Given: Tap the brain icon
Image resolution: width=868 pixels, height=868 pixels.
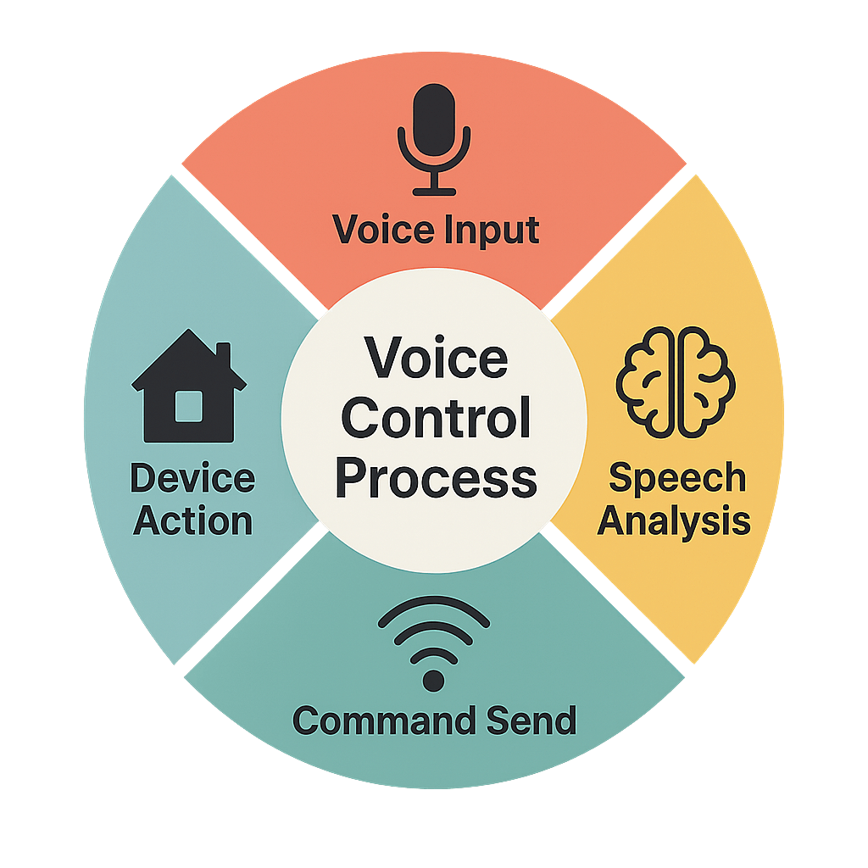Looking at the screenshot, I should [676, 382].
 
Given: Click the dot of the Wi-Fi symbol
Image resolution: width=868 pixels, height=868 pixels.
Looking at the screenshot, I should [433, 680].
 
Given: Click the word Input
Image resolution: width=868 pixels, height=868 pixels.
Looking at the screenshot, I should [495, 231].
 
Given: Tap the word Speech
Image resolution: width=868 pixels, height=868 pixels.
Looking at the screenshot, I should [676, 479].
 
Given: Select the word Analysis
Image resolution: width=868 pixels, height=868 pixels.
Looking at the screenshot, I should [674, 520].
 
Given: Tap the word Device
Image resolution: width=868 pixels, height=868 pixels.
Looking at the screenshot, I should [192, 479].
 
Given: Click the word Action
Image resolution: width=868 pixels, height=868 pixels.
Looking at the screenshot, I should [193, 520].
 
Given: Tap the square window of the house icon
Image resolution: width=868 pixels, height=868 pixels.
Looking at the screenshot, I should [188, 405].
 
